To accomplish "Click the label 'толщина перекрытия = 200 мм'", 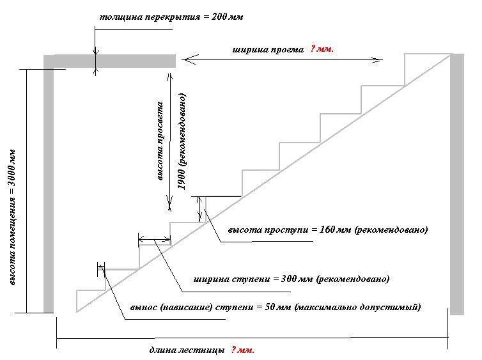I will tap(171, 17).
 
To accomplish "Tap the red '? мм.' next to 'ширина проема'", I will tap(322, 49).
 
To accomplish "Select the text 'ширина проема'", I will tap(268, 49).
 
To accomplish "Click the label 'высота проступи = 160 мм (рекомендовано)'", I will tap(327, 229).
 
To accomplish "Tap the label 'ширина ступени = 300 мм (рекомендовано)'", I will tap(291, 279).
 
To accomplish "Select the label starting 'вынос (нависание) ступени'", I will tap(275, 306).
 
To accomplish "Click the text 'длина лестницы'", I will tap(186, 350).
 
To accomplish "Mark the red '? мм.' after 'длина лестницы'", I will tap(242, 350).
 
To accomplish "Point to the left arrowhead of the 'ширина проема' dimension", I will tap(186, 60).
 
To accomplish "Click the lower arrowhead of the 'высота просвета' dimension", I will tap(169, 205).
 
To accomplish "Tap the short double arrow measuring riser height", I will tap(200, 208).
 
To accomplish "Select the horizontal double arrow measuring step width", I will tap(154, 240).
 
